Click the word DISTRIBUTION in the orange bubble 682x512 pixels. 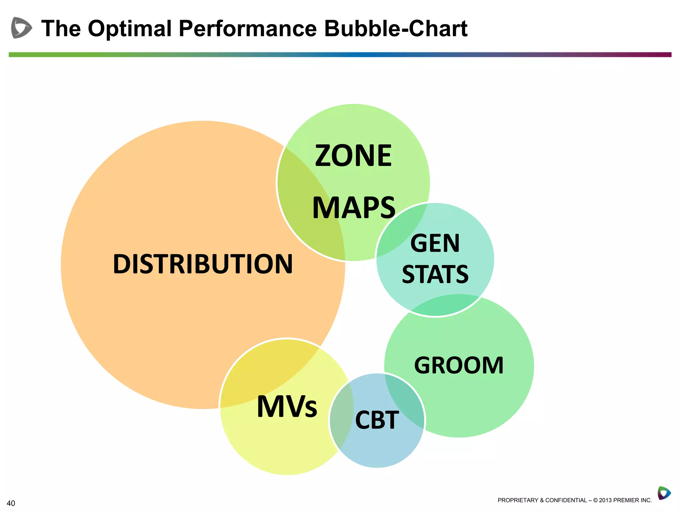[203, 264]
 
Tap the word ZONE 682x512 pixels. [353, 156]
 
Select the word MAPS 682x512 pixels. [354, 208]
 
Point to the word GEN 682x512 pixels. [435, 243]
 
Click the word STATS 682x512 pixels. [435, 274]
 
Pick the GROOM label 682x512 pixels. [459, 365]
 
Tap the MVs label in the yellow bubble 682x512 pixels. [287, 406]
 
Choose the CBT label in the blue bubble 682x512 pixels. [377, 420]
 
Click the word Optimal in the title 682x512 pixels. [130, 28]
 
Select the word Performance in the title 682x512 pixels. [248, 28]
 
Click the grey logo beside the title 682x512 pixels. [21, 28]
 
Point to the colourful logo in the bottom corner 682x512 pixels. [664, 493]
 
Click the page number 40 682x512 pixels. [11, 503]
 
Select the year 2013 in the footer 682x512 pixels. [605, 500]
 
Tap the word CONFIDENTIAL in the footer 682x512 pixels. [566, 500]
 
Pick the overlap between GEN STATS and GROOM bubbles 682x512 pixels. [446, 305]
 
